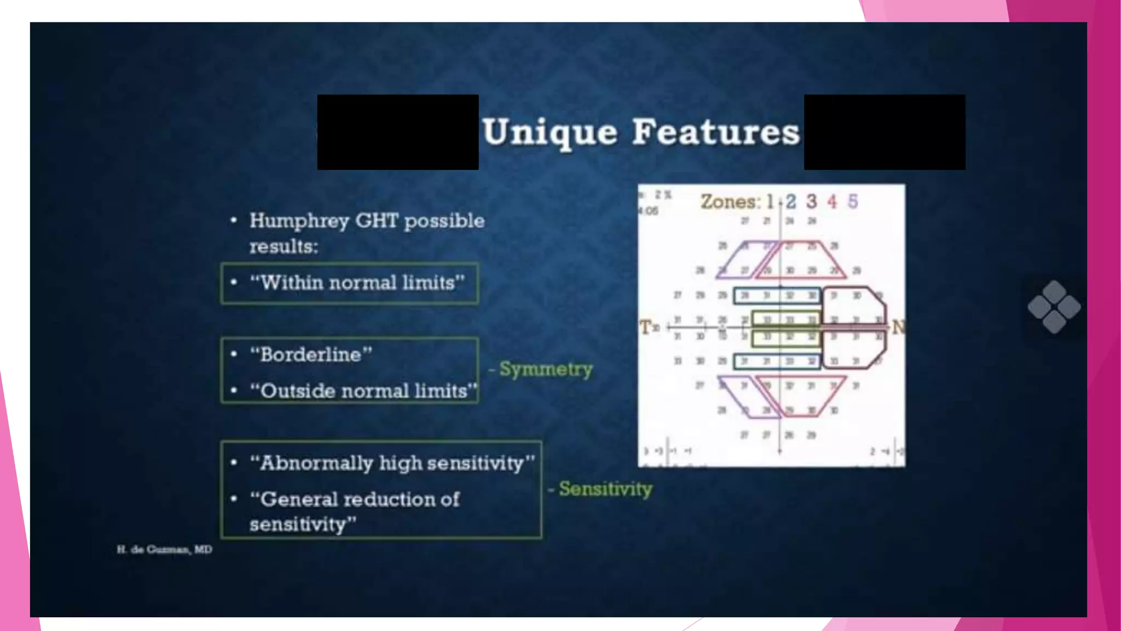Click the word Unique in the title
[x=550, y=133]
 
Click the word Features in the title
[x=716, y=133]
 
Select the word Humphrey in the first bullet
[x=299, y=221]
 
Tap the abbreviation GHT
[x=377, y=221]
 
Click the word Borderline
[x=310, y=354]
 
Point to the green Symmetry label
[x=546, y=369]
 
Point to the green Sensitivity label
[x=605, y=489]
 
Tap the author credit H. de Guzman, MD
[x=164, y=549]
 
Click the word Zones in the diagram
[x=730, y=202]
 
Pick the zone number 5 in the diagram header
[x=853, y=202]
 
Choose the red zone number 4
[x=832, y=202]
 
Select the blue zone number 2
[x=791, y=202]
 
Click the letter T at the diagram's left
[x=646, y=328]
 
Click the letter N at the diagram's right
[x=898, y=327]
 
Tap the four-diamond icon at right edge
[x=1054, y=307]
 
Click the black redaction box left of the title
[x=398, y=132]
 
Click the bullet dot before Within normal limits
[x=234, y=283]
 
